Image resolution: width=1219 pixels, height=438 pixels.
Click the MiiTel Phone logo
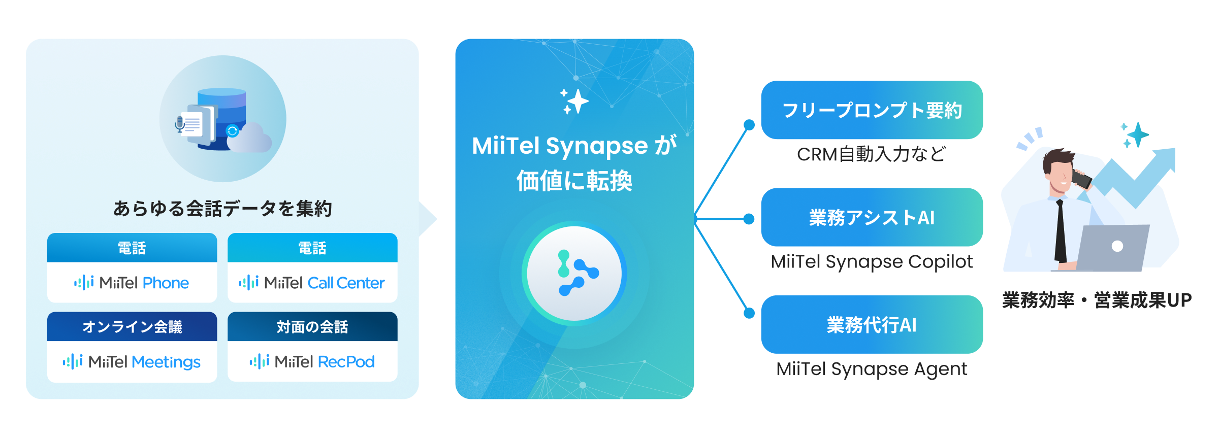pyautogui.click(x=132, y=283)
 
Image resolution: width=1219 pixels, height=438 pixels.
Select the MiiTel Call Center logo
pyautogui.click(x=312, y=283)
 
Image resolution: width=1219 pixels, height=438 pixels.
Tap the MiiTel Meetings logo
pyautogui.click(x=132, y=362)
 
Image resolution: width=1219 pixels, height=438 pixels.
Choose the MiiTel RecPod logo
pyautogui.click(x=312, y=362)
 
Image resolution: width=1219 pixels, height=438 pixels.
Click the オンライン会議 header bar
pyautogui.click(x=132, y=326)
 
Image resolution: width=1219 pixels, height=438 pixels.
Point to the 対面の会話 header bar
pyautogui.click(x=312, y=326)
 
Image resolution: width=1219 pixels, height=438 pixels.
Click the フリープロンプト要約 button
pyautogui.click(x=872, y=110)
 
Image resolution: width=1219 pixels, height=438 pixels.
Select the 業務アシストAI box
pyautogui.click(x=872, y=217)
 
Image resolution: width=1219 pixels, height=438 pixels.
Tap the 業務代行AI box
pyautogui.click(x=872, y=324)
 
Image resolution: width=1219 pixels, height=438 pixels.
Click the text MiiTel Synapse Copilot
pyautogui.click(x=872, y=262)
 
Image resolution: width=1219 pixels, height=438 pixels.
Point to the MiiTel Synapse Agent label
pyautogui.click(x=872, y=369)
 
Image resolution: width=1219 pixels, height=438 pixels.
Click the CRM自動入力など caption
pyautogui.click(x=872, y=154)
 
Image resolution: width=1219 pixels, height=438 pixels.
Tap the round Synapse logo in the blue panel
pyautogui.click(x=574, y=273)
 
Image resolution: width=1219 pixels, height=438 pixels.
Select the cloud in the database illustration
pyautogui.click(x=249, y=139)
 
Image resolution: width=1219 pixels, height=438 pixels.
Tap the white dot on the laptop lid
pyautogui.click(x=1117, y=246)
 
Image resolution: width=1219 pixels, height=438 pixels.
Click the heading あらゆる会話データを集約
pyautogui.click(x=222, y=209)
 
